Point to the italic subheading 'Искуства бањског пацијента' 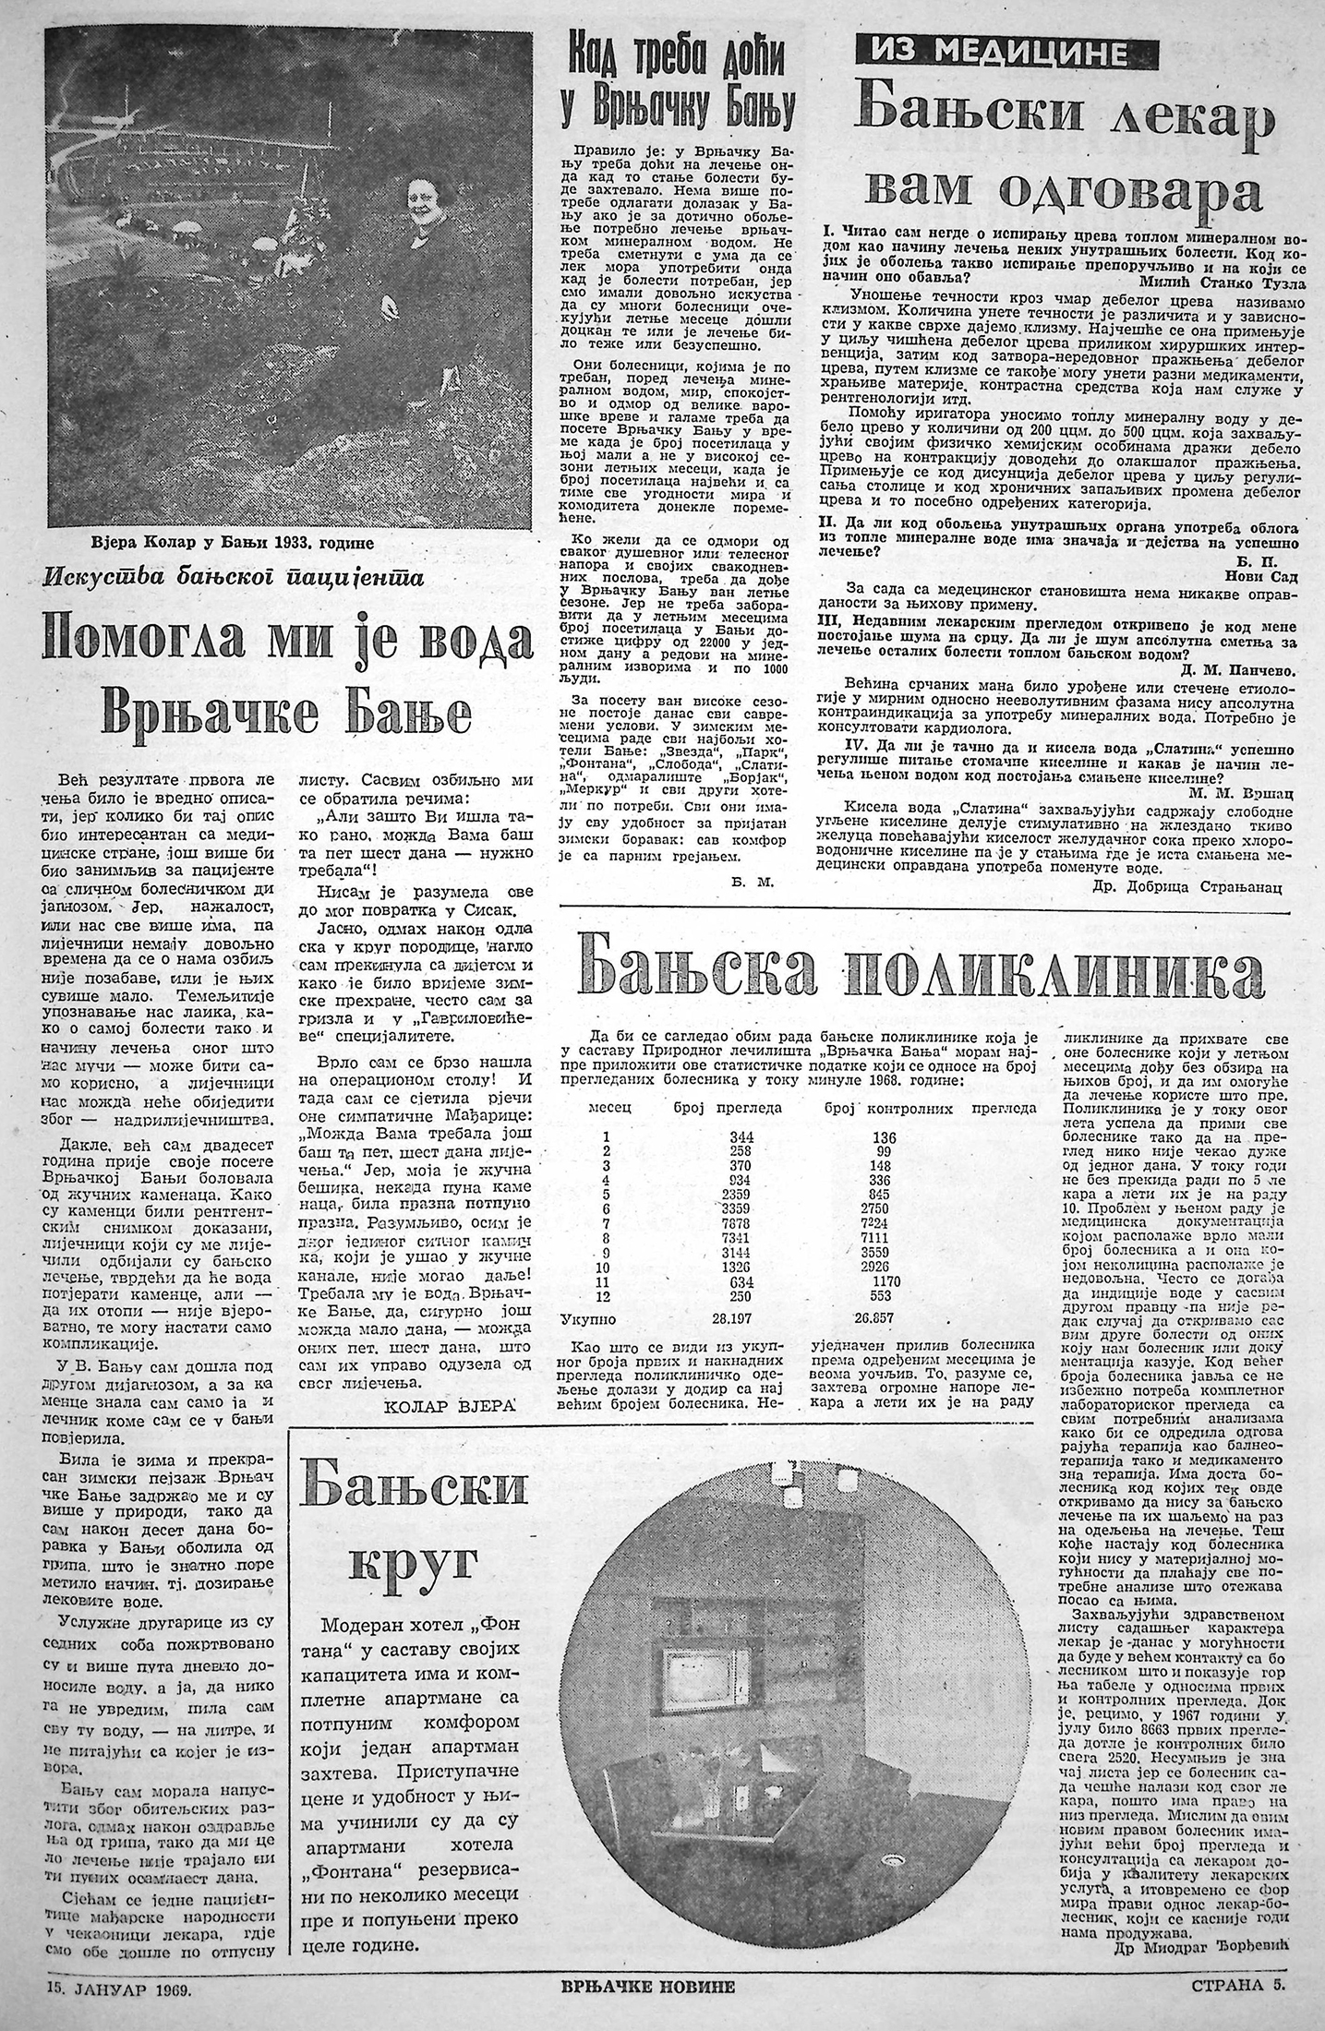pos(232,580)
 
